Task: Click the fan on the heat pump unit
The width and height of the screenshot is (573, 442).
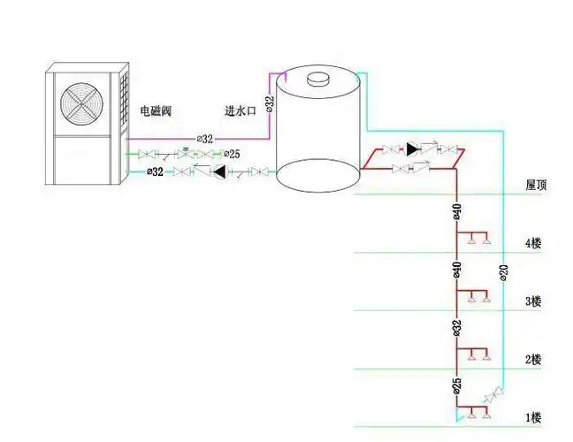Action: [79, 103]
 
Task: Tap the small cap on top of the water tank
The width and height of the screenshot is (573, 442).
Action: [317, 78]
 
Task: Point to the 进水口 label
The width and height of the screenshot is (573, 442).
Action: [241, 111]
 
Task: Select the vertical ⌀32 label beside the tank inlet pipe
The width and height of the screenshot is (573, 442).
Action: [271, 103]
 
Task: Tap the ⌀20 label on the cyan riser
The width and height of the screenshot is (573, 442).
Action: [504, 272]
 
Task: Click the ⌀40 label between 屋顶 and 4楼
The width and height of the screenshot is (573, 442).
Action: [456, 213]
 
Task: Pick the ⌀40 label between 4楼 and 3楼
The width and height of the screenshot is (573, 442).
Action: [456, 270]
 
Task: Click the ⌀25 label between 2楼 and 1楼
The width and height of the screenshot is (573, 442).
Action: [456, 386]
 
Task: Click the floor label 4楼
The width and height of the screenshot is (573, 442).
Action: [532, 243]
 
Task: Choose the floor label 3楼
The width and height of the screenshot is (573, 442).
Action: [532, 301]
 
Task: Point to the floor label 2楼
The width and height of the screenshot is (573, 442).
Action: [532, 360]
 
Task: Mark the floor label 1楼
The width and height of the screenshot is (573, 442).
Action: [532, 416]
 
